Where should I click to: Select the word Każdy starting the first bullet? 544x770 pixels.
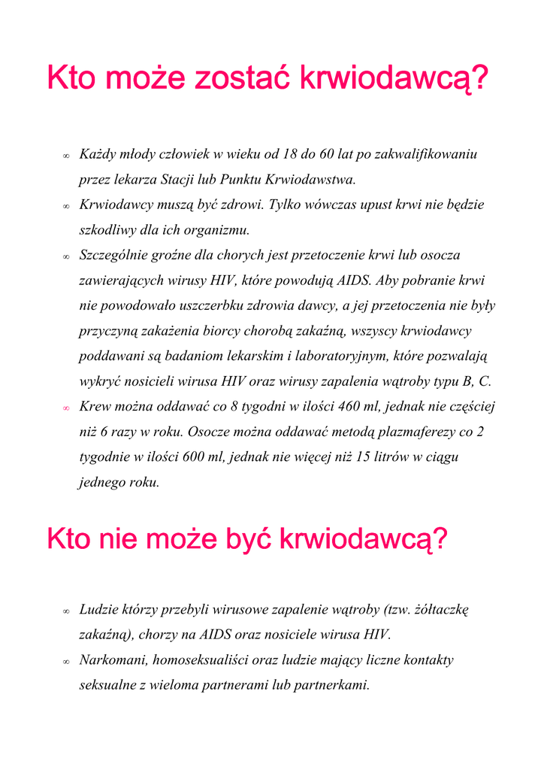coord(98,155)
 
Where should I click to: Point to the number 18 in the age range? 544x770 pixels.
coord(291,155)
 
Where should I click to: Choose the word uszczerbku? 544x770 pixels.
coord(213,306)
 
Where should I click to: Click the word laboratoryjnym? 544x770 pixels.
coord(341,356)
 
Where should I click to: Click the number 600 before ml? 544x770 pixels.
coord(195,457)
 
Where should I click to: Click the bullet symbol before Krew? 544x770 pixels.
coord(66,408)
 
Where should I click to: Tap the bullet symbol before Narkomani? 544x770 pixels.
coord(66,662)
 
